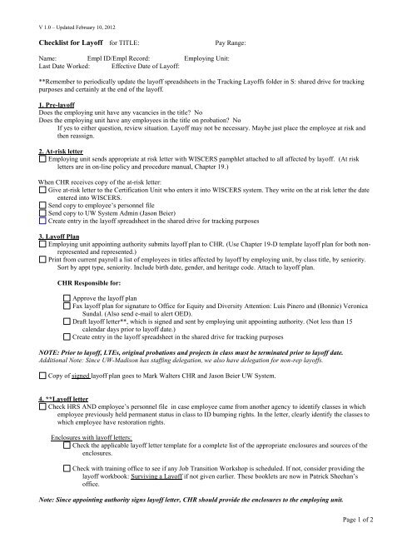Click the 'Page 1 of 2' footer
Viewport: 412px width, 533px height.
[385, 521]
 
